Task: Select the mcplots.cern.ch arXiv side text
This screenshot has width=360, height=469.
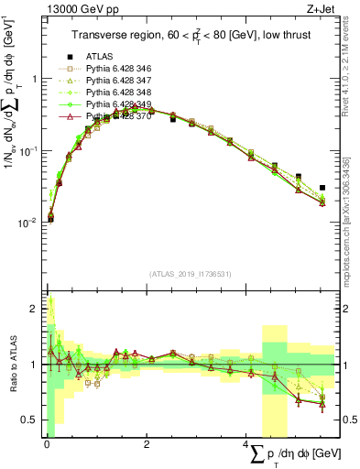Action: pyautogui.click(x=349, y=220)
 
